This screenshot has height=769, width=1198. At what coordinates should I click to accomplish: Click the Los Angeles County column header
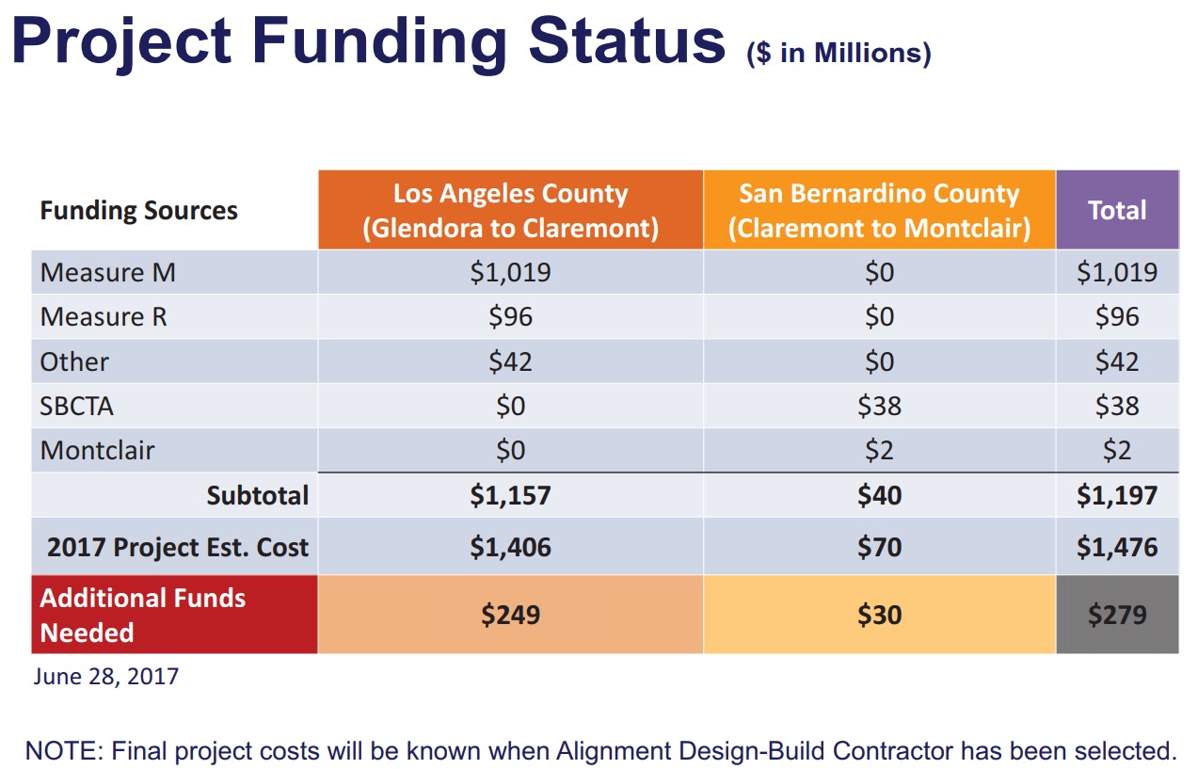tap(510, 210)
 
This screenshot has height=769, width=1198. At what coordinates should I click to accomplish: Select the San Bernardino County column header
tap(879, 210)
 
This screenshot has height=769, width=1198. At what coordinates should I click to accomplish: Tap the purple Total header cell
tap(1117, 210)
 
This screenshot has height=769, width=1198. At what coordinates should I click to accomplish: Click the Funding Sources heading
tap(138, 210)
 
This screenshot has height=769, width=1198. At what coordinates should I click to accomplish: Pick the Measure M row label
tap(107, 272)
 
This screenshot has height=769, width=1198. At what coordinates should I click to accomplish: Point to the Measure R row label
tap(104, 316)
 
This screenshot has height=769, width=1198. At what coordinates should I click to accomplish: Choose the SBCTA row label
tap(76, 406)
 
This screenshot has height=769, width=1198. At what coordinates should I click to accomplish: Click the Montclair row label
tap(97, 450)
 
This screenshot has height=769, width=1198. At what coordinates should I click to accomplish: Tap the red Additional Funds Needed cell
tap(174, 615)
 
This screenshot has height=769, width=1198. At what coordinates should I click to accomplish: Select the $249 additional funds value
tap(510, 615)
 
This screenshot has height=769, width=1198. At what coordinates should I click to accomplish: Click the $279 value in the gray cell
tap(1117, 615)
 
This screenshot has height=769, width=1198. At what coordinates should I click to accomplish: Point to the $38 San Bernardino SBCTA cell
tap(879, 406)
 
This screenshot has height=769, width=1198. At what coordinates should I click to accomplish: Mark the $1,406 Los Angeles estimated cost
tap(510, 547)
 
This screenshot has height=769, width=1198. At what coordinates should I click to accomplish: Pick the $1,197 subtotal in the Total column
tap(1117, 495)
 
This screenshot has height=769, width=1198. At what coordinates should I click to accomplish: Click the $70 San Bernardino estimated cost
tap(879, 547)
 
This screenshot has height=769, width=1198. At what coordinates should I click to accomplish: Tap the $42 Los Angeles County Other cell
tap(510, 361)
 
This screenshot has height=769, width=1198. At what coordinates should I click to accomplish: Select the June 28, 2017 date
tap(106, 677)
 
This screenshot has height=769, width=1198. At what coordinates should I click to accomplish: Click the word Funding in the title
tap(379, 41)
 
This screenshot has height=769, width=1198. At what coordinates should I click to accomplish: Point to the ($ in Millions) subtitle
tap(839, 53)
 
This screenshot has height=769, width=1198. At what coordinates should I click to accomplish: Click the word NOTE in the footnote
tap(64, 751)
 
